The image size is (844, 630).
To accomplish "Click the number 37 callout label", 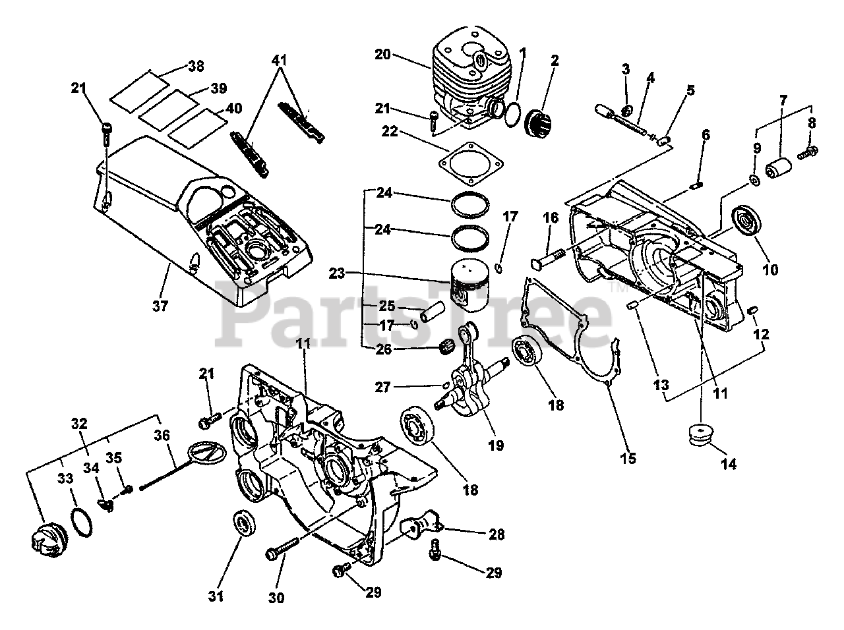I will pos(160,306).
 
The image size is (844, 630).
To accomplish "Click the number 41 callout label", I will pos(280,60).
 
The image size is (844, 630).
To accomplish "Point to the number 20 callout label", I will pos(384,55).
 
